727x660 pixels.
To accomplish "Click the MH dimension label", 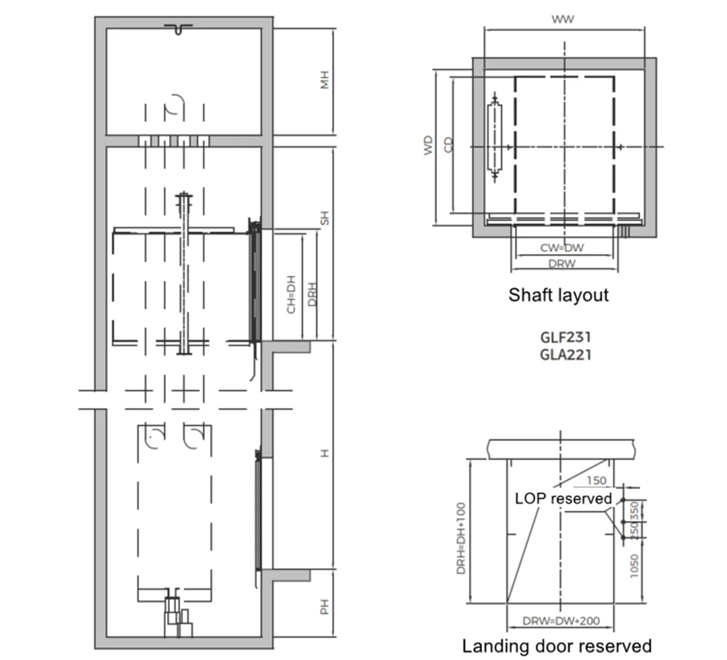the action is pyautogui.click(x=325, y=80).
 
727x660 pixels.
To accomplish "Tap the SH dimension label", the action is pyautogui.click(x=325, y=218).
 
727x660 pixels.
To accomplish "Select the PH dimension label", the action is pyautogui.click(x=325, y=607).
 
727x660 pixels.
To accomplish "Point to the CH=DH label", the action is pyautogui.click(x=291, y=294).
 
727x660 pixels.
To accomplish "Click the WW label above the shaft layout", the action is pyautogui.click(x=562, y=19).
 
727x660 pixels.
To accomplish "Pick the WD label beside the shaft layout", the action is pyautogui.click(x=428, y=145).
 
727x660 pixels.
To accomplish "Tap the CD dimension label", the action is pyautogui.click(x=448, y=145).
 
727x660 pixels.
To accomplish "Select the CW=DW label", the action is pyautogui.click(x=562, y=248).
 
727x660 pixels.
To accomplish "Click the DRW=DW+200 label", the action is pyautogui.click(x=561, y=621).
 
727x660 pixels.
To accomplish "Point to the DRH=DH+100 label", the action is pyautogui.click(x=460, y=539).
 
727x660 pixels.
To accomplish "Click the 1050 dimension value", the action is pyautogui.click(x=634, y=566).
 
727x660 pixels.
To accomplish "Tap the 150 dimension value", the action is pyautogui.click(x=597, y=481).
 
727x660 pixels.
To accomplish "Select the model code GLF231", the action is pyautogui.click(x=565, y=337).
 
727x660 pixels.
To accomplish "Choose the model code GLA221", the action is pyautogui.click(x=565, y=355).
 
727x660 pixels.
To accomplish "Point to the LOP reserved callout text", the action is pyautogui.click(x=563, y=499).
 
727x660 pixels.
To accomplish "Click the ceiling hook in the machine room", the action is pyautogui.click(x=178, y=29).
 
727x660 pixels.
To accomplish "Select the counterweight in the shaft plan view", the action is pyautogui.click(x=495, y=137).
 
